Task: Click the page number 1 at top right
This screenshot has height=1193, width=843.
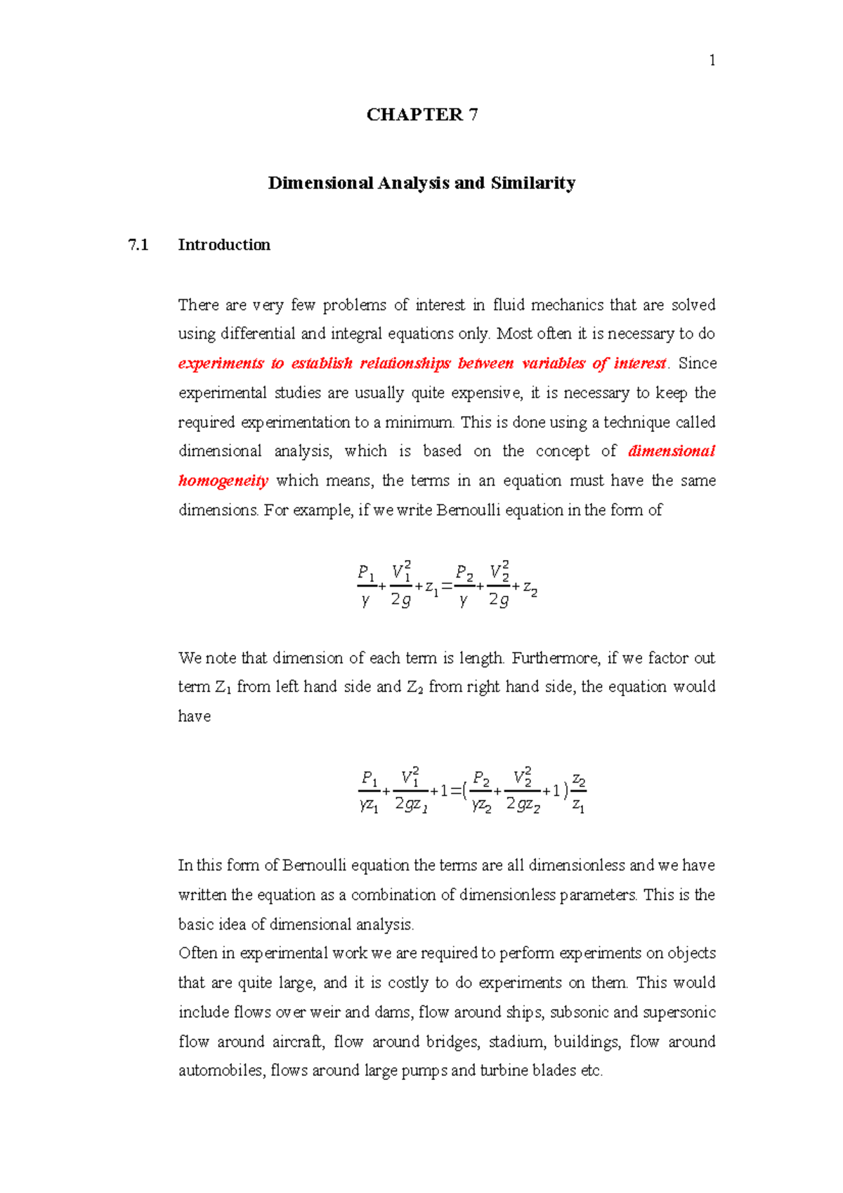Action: coord(712,61)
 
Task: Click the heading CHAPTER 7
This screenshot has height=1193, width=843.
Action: coord(422,115)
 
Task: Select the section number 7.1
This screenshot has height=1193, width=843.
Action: coord(138,245)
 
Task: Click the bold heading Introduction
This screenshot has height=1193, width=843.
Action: coord(224,245)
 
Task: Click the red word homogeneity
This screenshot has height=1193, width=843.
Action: coord(223,481)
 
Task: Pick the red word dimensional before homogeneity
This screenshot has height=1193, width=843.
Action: coord(671,451)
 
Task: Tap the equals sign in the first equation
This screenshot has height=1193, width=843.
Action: coord(447,586)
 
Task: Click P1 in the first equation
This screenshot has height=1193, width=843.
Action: coord(366,572)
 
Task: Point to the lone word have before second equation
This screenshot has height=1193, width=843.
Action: coord(195,717)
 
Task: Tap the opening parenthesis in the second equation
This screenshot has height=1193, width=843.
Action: coord(466,792)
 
